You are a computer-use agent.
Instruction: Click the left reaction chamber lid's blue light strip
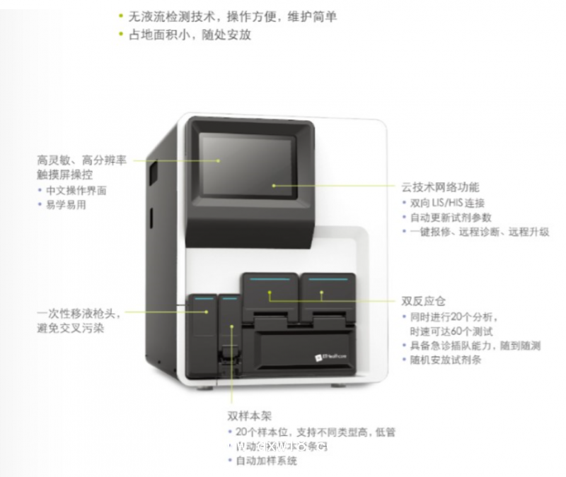269,280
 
